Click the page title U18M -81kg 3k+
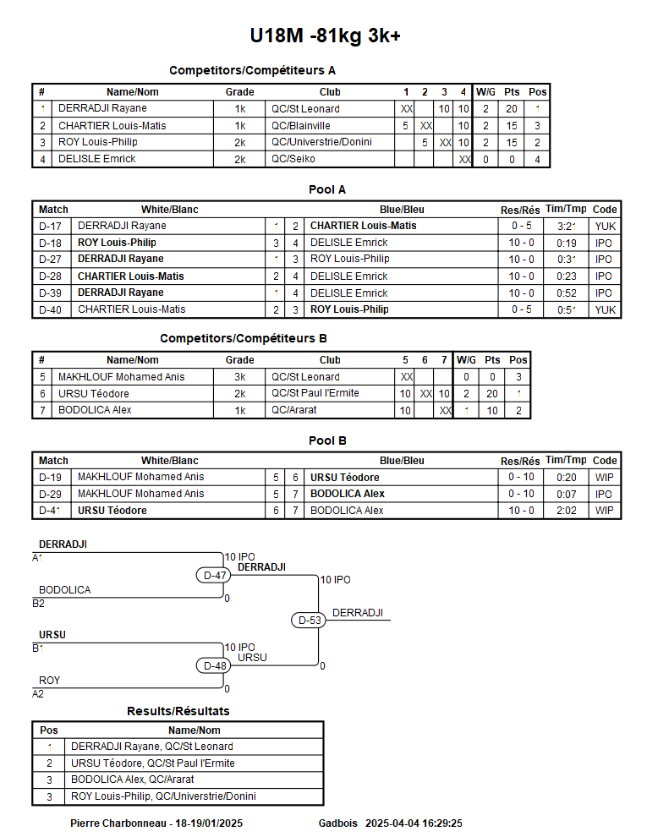(324, 36)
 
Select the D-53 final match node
(310, 620)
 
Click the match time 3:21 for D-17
(566, 226)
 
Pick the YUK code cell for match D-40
(605, 309)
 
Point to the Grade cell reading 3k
(239, 377)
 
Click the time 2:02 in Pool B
(566, 511)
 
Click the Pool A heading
(327, 190)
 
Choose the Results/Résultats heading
(178, 711)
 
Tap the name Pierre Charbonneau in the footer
(118, 823)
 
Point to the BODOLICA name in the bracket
(65, 590)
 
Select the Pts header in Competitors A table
(512, 92)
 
